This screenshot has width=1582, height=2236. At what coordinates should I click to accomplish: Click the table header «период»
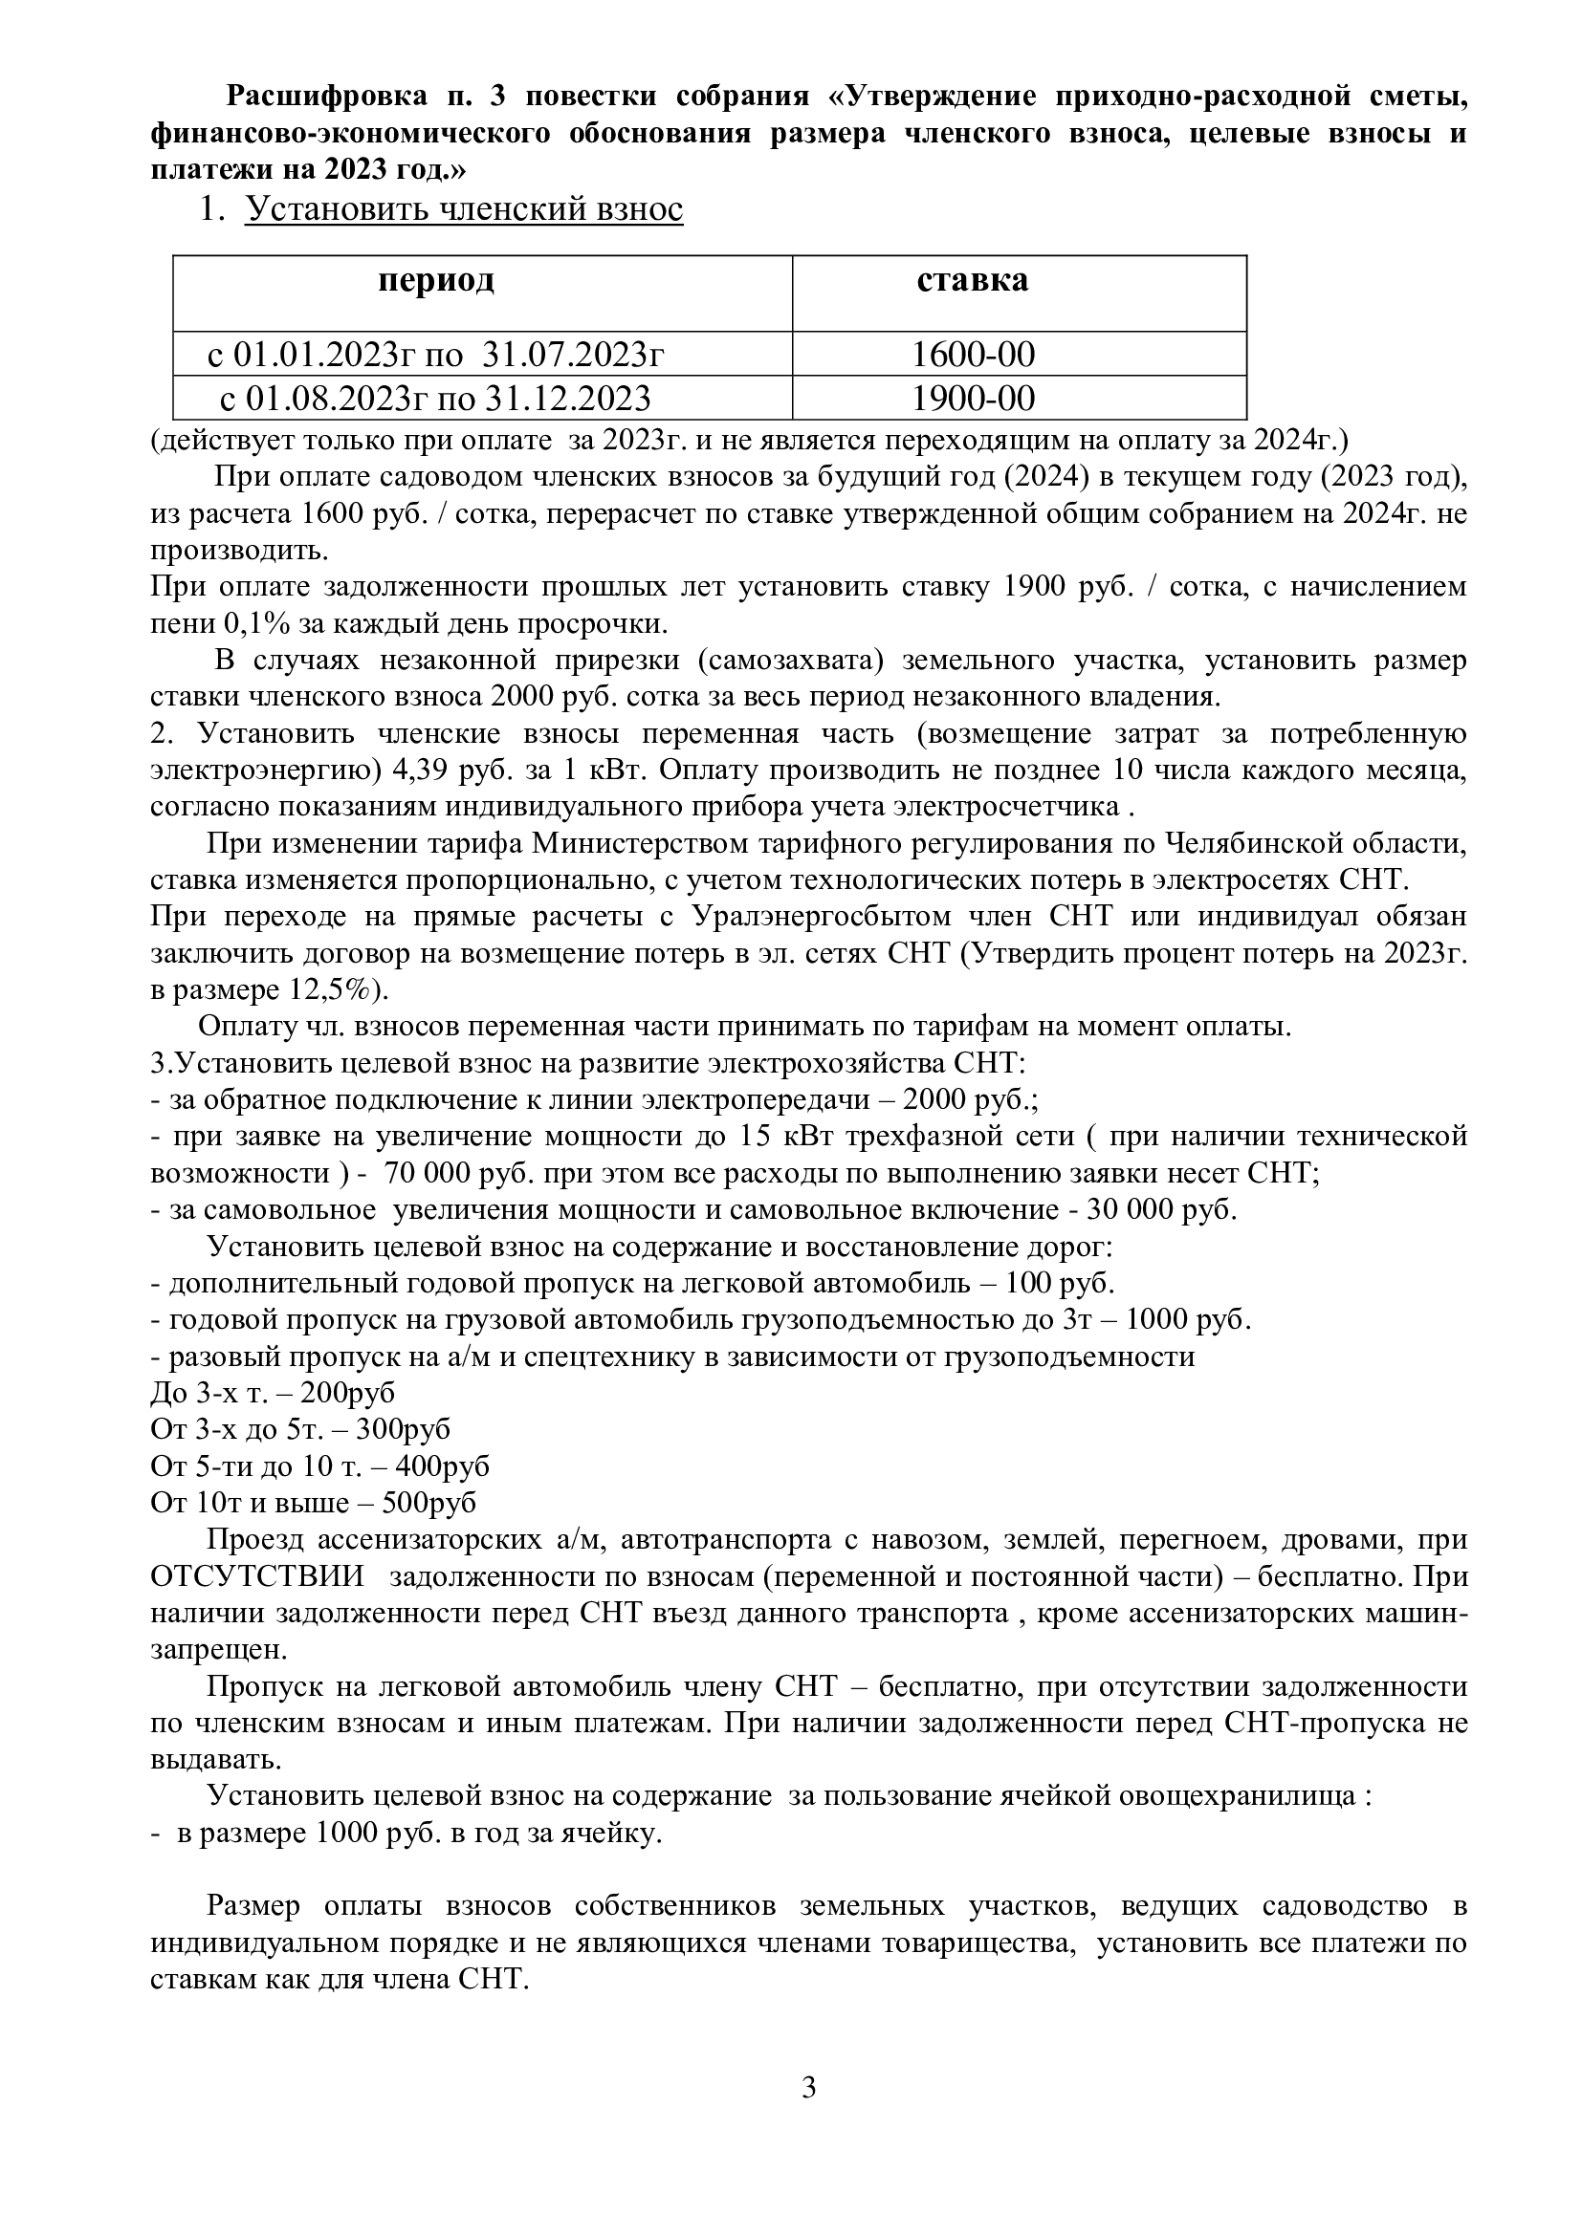tap(435, 281)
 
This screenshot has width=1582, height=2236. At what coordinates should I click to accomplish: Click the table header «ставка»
tap(971, 281)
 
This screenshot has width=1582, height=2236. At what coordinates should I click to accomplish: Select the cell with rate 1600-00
tap(972, 355)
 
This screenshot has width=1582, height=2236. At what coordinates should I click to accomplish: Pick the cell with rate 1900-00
tap(972, 399)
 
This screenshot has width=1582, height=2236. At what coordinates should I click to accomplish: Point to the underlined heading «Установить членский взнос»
tap(464, 209)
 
